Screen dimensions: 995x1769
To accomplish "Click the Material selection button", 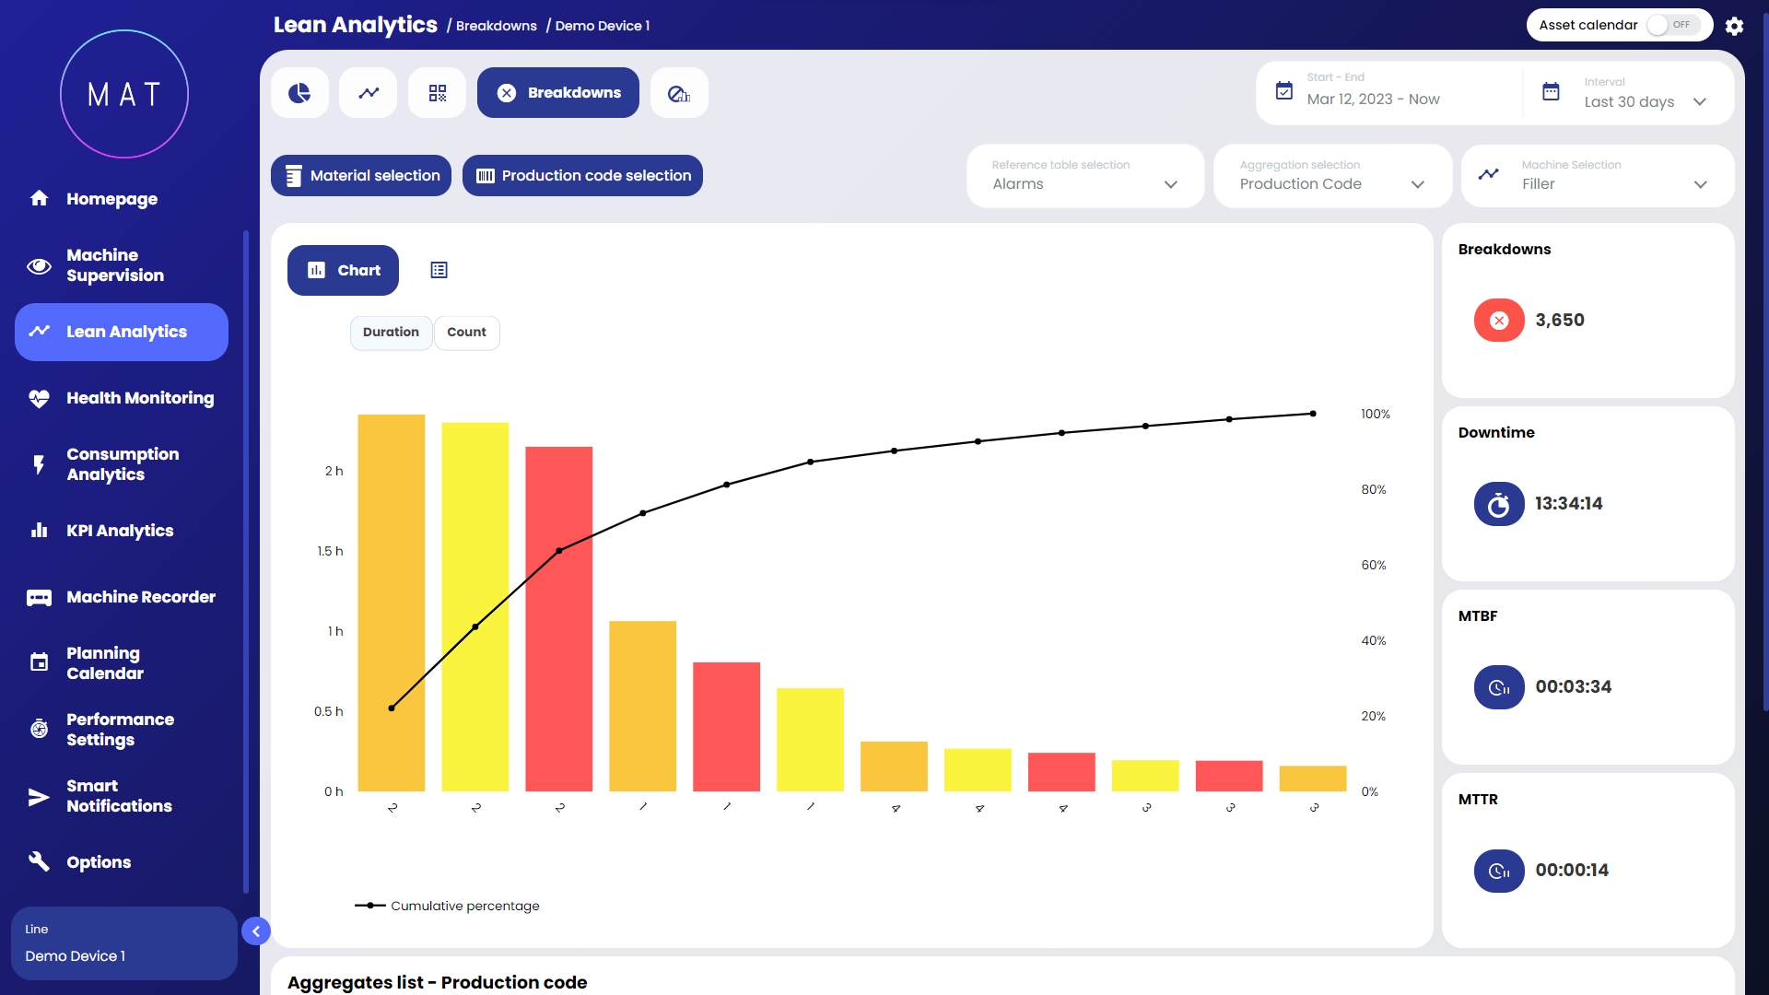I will [x=361, y=175].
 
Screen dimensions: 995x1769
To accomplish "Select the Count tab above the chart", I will [x=466, y=333].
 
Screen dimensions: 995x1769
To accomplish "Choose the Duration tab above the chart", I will [x=391, y=333].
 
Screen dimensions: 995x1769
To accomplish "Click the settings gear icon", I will [x=1734, y=26].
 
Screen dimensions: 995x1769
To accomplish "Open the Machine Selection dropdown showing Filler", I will [x=1598, y=176].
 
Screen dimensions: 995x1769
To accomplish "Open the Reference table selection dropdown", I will [x=1084, y=176].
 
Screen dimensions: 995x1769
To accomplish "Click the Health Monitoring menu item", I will [x=139, y=398].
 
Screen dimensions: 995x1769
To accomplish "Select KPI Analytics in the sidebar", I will [x=120, y=531].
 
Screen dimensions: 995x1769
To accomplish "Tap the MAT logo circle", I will [x=124, y=94].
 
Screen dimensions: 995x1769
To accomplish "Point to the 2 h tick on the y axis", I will [x=334, y=471].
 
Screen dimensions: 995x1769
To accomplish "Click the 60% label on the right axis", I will [x=1373, y=565].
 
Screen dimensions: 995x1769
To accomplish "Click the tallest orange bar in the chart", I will [x=392, y=603].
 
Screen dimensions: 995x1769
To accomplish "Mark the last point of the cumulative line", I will [x=1313, y=414].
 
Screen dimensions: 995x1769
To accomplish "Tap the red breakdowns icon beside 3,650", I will [x=1499, y=321].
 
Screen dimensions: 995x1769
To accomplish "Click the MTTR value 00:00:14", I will [x=1571, y=870].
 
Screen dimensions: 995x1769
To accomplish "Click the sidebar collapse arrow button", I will [x=256, y=931].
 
